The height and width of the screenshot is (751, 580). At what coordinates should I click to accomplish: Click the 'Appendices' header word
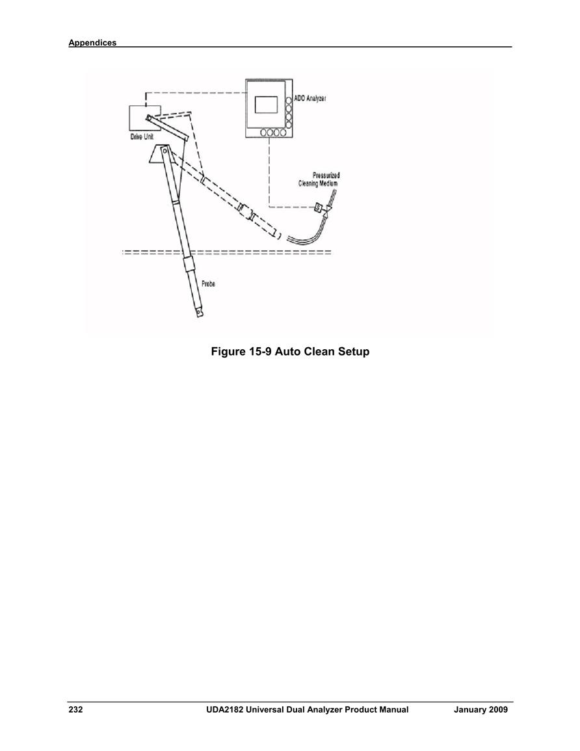[x=92, y=43]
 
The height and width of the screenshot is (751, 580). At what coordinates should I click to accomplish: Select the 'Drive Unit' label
[x=142, y=137]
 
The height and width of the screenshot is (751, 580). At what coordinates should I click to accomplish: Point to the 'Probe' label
[x=208, y=283]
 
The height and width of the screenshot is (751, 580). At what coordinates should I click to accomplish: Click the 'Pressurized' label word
[x=326, y=176]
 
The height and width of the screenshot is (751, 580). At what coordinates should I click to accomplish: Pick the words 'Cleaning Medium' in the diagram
[x=318, y=183]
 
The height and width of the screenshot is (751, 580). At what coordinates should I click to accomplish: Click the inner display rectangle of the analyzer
[x=267, y=105]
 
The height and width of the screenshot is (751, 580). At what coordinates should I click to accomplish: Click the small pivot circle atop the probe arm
[x=165, y=151]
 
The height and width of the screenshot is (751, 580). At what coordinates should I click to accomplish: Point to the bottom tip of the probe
[x=199, y=315]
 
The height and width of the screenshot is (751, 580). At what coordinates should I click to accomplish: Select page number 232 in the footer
[x=75, y=710]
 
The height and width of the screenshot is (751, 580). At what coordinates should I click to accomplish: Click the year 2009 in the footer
[x=499, y=710]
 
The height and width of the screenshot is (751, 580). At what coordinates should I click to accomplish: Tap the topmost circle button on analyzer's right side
[x=289, y=101]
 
